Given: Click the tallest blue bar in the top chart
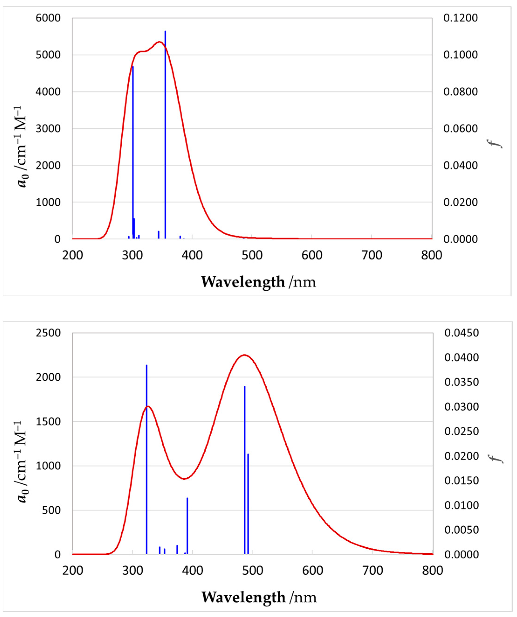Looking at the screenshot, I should [165, 135].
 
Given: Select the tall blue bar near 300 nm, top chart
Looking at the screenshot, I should [133, 153].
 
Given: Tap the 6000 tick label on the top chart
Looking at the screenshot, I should [48, 18].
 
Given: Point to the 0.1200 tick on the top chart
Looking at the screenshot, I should [461, 18].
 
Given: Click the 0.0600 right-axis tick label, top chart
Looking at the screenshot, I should [461, 129].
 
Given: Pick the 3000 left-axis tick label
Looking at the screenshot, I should [48, 129].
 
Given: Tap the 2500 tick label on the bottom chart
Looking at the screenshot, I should [48, 333].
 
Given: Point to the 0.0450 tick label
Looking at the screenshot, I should [462, 333].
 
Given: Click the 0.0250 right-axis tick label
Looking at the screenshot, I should [462, 432].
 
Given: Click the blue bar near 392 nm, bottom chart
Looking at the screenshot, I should [187, 526].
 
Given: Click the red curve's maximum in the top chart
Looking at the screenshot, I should [159, 42].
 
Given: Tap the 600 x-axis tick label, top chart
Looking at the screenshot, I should [312, 255].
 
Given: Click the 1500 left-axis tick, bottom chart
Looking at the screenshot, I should [48, 422].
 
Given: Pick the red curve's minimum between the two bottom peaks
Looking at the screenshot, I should [184, 479].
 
